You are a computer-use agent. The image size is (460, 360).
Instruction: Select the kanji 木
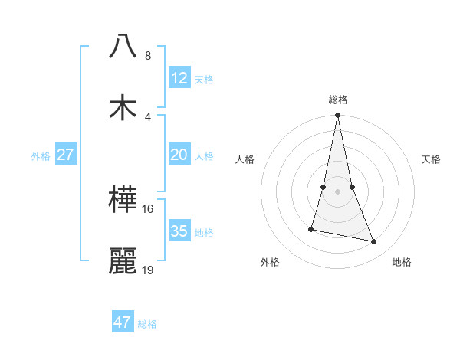coord(123,106)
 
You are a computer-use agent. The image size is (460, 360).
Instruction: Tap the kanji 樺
coord(123,200)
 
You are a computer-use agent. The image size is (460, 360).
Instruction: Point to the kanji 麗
coord(123,261)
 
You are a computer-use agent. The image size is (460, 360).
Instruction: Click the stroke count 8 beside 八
coord(148,56)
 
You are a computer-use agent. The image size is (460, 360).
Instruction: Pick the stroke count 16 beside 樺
coord(148,208)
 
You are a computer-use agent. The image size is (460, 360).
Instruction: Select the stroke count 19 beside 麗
coord(148,270)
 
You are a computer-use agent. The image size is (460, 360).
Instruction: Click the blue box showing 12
coord(179,78)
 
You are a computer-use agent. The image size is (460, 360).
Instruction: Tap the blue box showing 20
coord(179,155)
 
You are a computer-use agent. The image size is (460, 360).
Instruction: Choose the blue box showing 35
coord(179,231)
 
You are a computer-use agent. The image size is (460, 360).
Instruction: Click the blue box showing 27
coord(66,155)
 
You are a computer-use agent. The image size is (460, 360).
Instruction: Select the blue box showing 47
coord(123,322)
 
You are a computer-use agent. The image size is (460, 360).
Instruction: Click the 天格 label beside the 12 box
coord(204,80)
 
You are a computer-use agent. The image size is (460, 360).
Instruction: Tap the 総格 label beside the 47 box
coord(147,324)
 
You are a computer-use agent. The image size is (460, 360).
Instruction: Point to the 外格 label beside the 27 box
coord(41,156)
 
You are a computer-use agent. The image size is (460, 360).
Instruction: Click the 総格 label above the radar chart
coord(338,100)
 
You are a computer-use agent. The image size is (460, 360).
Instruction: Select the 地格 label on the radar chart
coord(402,262)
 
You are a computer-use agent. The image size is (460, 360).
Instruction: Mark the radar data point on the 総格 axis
coord(338,116)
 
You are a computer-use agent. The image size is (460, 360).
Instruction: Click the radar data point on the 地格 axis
coord(374,242)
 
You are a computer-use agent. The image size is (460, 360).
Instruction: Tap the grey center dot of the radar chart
coord(338,191)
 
